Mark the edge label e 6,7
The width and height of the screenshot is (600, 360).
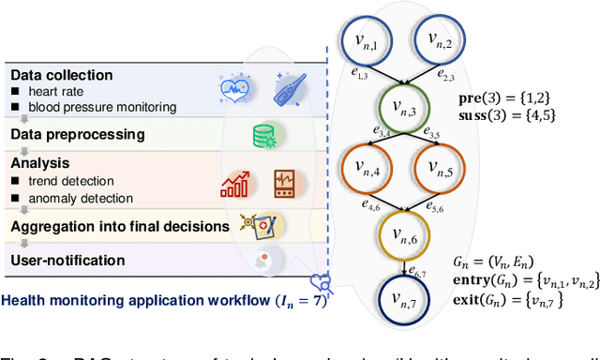(x=419, y=271)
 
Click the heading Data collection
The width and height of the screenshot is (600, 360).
(x=62, y=74)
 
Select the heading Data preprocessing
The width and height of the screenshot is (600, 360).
(x=77, y=134)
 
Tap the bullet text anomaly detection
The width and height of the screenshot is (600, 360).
(x=79, y=198)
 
